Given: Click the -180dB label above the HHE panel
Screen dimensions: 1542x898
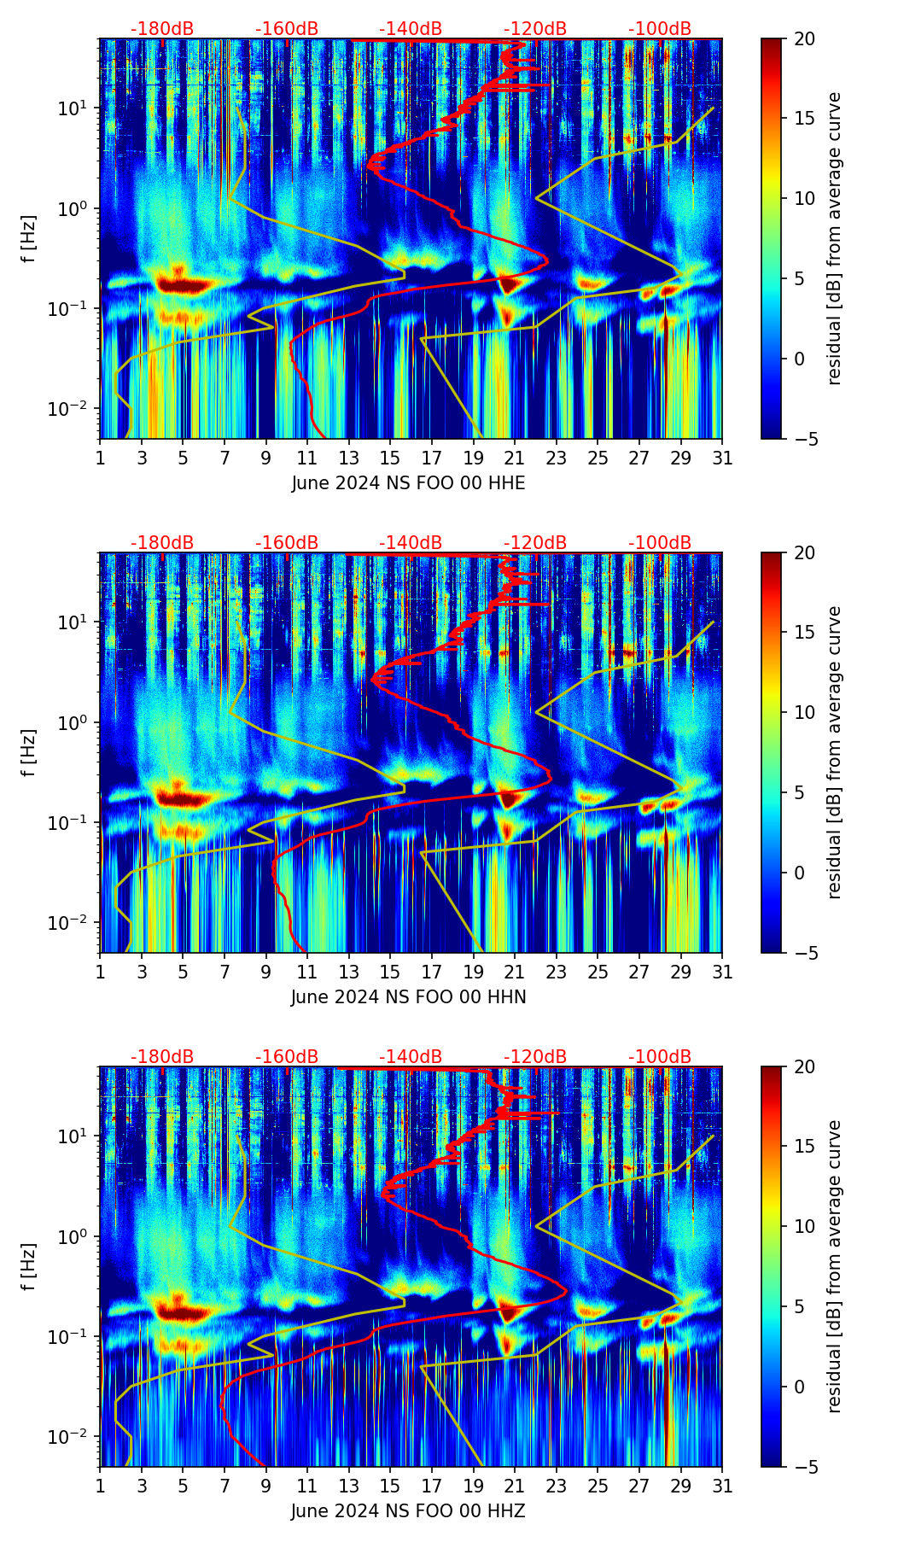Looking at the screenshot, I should [x=162, y=29].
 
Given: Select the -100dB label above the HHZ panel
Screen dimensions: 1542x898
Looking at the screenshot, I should [x=660, y=1057].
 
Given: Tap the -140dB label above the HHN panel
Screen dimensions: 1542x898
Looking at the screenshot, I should [x=411, y=543].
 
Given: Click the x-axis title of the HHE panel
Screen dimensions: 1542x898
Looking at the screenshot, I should [x=408, y=483].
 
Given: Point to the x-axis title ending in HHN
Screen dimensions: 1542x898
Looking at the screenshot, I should [x=408, y=997].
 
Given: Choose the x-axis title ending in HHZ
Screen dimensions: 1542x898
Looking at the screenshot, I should [x=408, y=1511].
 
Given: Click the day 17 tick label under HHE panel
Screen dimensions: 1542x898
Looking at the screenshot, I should [x=431, y=459].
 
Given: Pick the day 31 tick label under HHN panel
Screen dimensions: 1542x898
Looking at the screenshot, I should [x=722, y=973].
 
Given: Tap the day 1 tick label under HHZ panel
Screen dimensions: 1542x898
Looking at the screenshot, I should [x=100, y=1487].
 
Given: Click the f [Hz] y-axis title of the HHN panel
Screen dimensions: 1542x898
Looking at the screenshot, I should [x=29, y=752].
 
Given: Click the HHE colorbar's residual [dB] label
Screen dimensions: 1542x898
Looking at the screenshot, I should [x=835, y=238].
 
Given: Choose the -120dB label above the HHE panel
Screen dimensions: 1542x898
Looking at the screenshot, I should [x=535, y=29].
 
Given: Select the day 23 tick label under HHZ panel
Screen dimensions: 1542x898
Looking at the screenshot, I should [x=556, y=1487].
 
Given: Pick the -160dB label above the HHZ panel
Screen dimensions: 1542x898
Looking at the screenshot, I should [x=287, y=1057].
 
